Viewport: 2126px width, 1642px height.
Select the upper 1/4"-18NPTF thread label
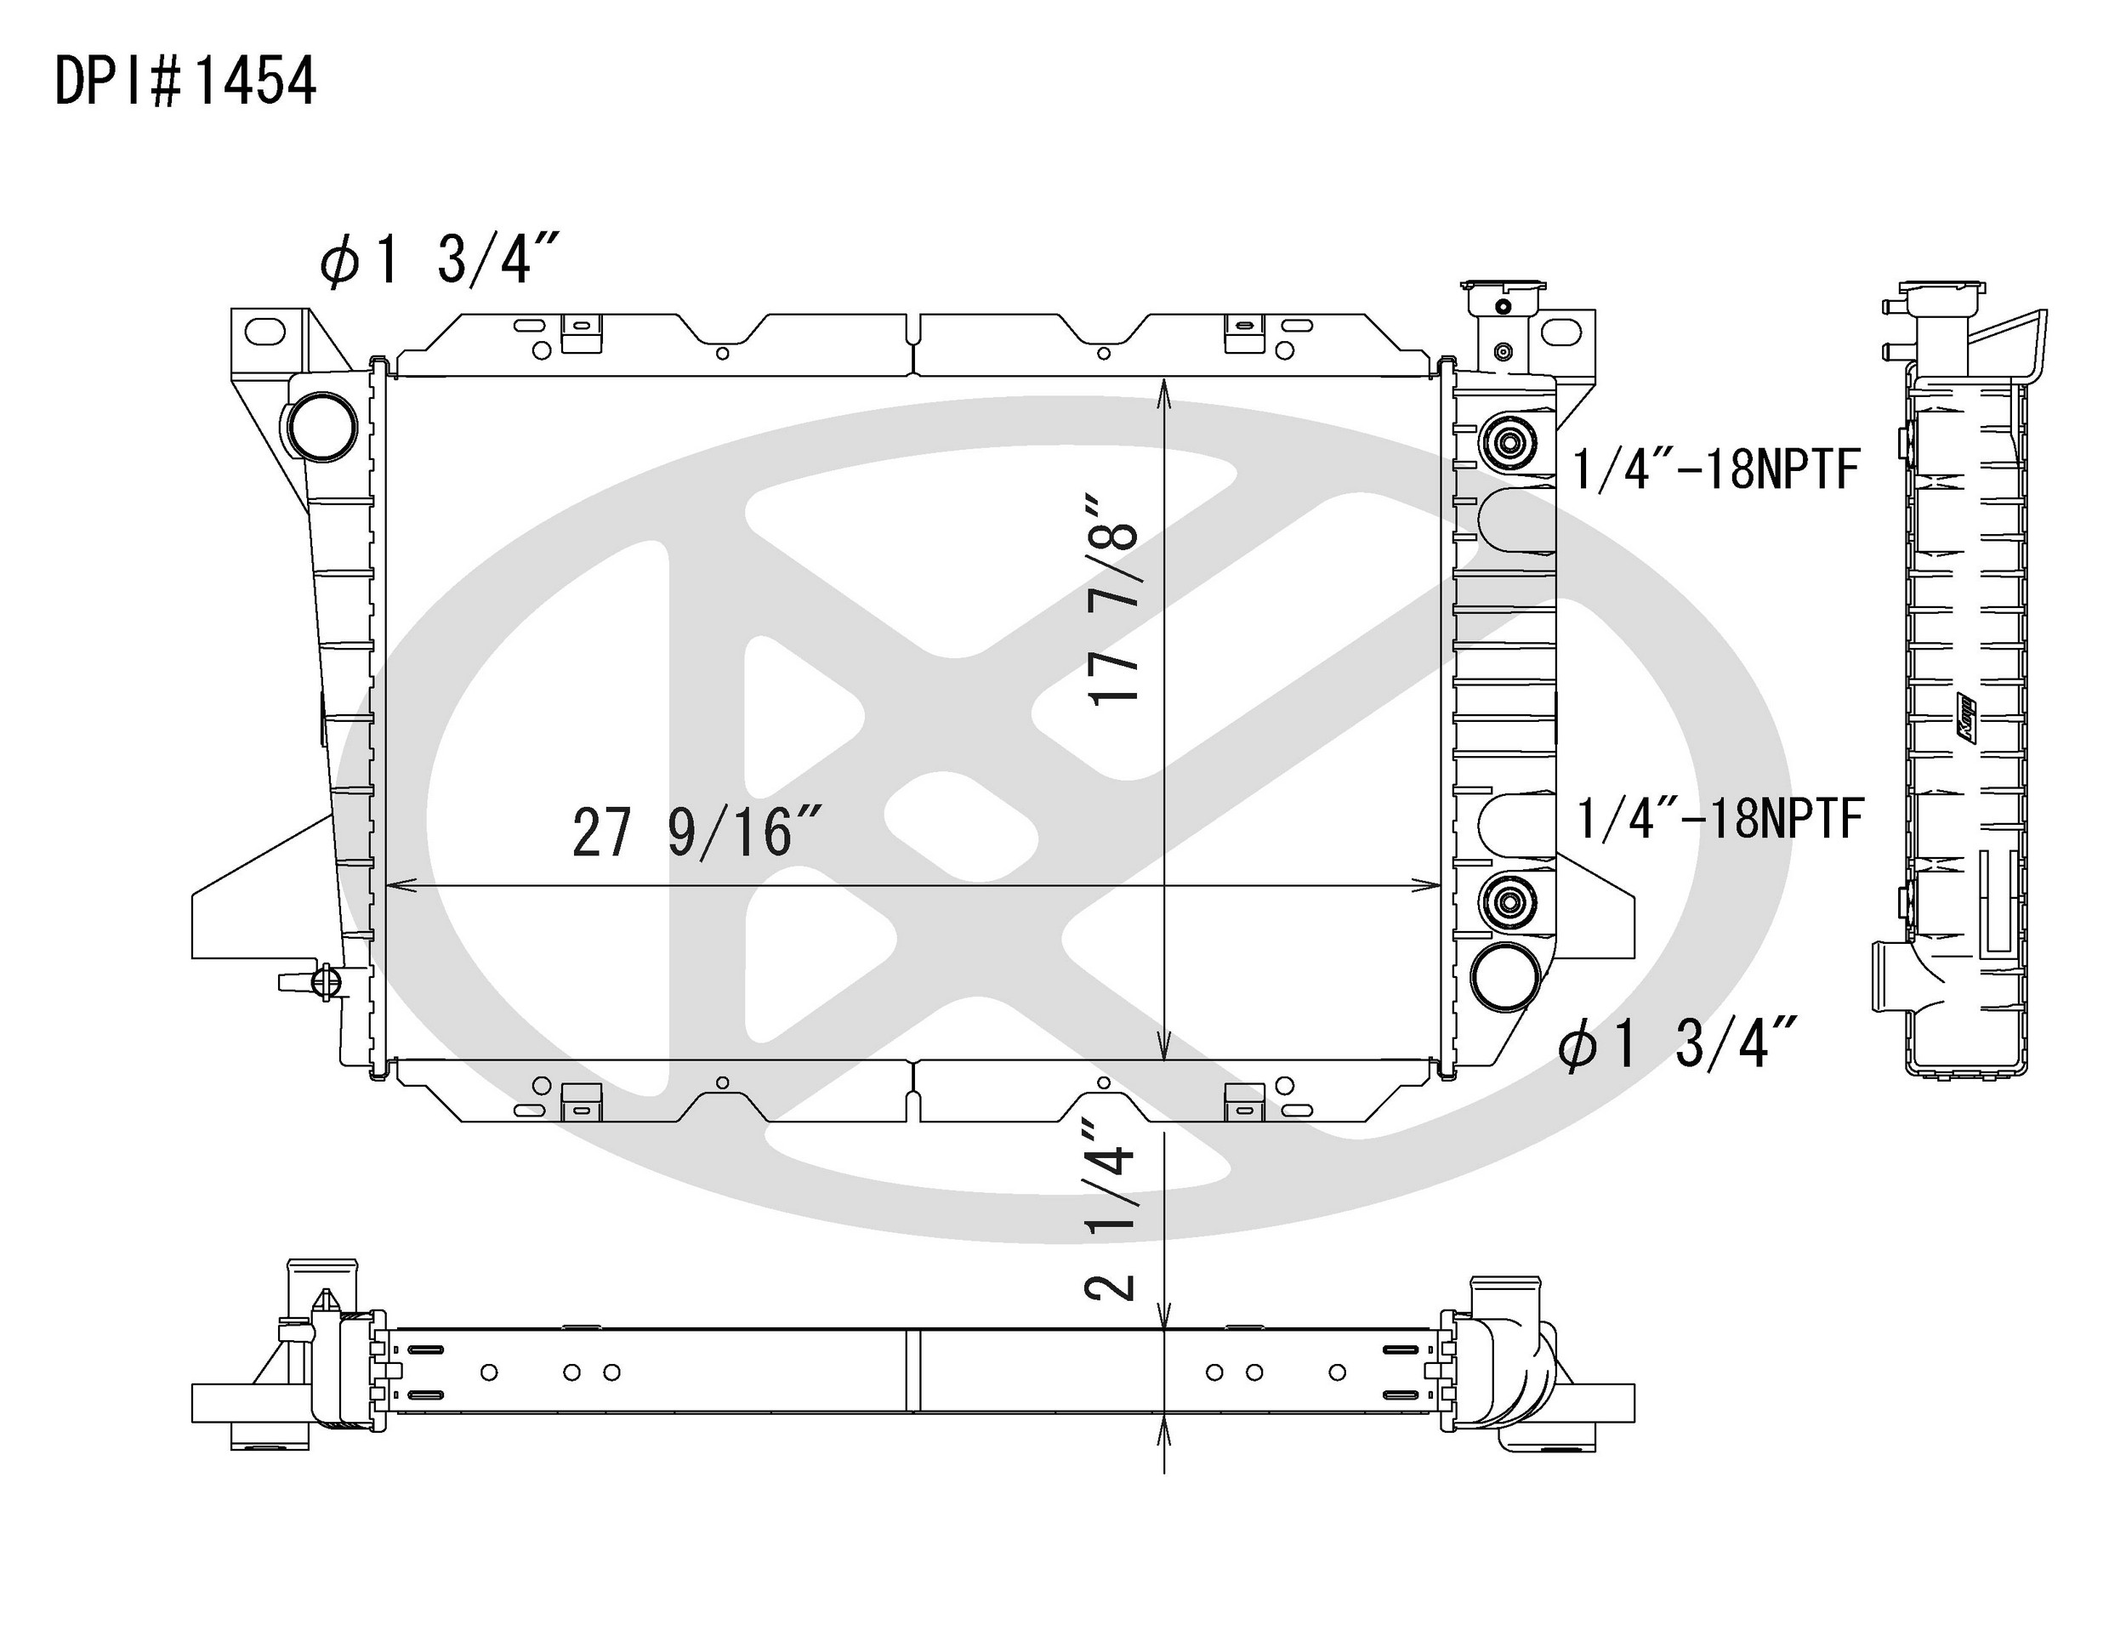pos(1716,469)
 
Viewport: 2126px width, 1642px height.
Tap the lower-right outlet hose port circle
pos(1505,976)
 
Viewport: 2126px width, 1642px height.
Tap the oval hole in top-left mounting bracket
pos(264,332)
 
